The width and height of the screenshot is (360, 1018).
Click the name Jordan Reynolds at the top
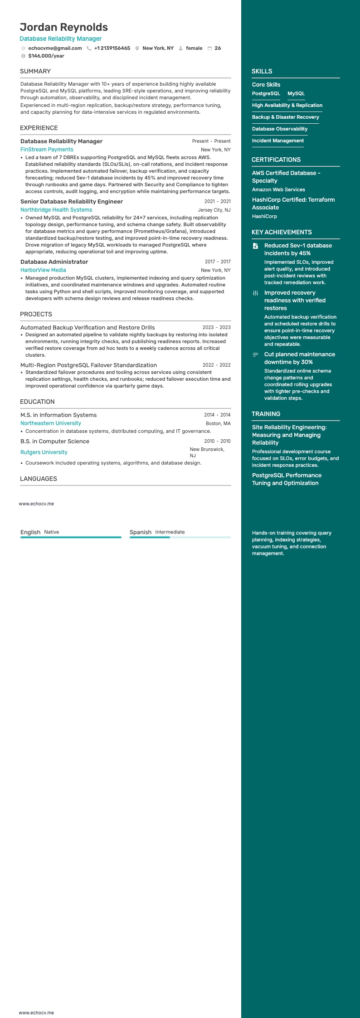pyautogui.click(x=63, y=27)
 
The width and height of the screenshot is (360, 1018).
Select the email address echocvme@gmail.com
pyautogui.click(x=55, y=48)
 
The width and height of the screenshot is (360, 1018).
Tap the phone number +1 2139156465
pyautogui.click(x=112, y=48)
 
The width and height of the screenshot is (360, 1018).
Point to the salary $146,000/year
pyautogui.click(x=46, y=56)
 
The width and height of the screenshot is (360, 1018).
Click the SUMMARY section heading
pyautogui.click(x=35, y=71)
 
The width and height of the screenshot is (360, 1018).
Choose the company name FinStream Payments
pyautogui.click(x=47, y=150)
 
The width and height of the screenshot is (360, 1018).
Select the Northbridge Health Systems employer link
pyautogui.click(x=56, y=210)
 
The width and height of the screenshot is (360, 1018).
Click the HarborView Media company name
pyautogui.click(x=43, y=270)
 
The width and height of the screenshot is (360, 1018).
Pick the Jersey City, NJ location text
pyautogui.click(x=214, y=210)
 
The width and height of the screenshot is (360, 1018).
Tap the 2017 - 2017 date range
pyautogui.click(x=218, y=262)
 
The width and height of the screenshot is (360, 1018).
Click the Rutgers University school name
pyautogui.click(x=44, y=452)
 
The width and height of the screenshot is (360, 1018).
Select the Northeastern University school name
pyautogui.click(x=51, y=423)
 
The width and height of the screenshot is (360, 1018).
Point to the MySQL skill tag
pyautogui.click(x=296, y=93)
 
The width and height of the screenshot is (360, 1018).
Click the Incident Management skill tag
pyautogui.click(x=278, y=141)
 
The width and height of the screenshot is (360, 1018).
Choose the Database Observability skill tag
pyautogui.click(x=280, y=129)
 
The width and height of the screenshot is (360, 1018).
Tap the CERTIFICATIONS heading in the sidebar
pyautogui.click(x=276, y=160)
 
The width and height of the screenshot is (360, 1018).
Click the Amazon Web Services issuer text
pyautogui.click(x=278, y=189)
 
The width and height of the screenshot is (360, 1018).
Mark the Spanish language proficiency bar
pyautogui.click(x=180, y=537)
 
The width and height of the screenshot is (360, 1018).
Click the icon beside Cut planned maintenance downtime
pyautogui.click(x=255, y=354)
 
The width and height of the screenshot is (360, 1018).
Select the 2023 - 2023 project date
pyautogui.click(x=216, y=327)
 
